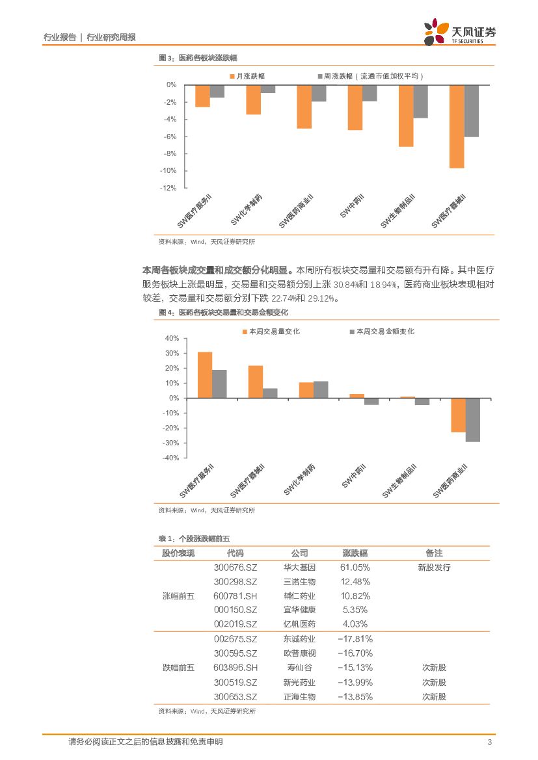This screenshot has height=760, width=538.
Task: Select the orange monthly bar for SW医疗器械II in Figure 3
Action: pos(457,127)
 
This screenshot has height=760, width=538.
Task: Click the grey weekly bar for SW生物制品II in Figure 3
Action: pos(421,101)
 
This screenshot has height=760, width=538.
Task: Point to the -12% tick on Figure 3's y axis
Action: pos(169,188)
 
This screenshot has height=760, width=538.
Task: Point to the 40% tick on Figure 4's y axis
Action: pos(172,339)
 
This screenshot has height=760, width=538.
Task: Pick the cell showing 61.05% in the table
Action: pos(355,568)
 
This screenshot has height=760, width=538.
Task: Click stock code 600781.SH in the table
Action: pos(235,596)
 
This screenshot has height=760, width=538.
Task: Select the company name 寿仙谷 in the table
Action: pos(299,668)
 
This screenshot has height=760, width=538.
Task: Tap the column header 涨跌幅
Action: pos(355,553)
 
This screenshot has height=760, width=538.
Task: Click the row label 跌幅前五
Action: pos(178,668)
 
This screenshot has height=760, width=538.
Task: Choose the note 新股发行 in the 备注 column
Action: pos(434,568)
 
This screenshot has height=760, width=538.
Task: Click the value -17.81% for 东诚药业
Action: pos(355,639)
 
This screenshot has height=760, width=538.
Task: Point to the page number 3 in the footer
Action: pos(489,742)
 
